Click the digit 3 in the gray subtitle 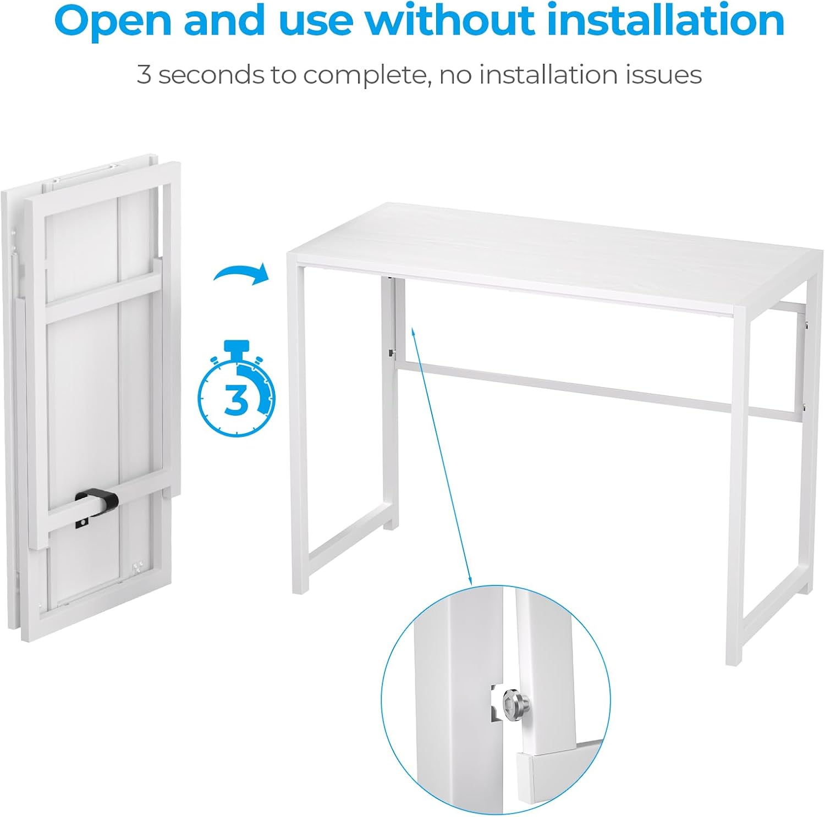coord(144,75)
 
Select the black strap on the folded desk coord(97,503)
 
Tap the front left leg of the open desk coord(299,429)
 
